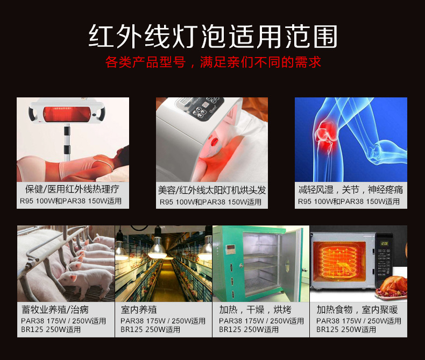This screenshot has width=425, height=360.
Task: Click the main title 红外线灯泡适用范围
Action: pos(212,36)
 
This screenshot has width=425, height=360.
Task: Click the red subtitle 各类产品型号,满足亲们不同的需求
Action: pos(212,62)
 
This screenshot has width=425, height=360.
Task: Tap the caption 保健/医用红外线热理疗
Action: pos(72,189)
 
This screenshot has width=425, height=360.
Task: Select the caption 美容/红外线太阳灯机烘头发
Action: pos(212,190)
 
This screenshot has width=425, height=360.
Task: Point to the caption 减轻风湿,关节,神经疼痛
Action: pos(350,189)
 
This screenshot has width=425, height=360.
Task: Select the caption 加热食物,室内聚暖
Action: pos(349,310)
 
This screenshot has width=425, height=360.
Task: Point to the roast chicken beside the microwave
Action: pos(390,285)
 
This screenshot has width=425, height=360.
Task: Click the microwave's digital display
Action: pos(384,243)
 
